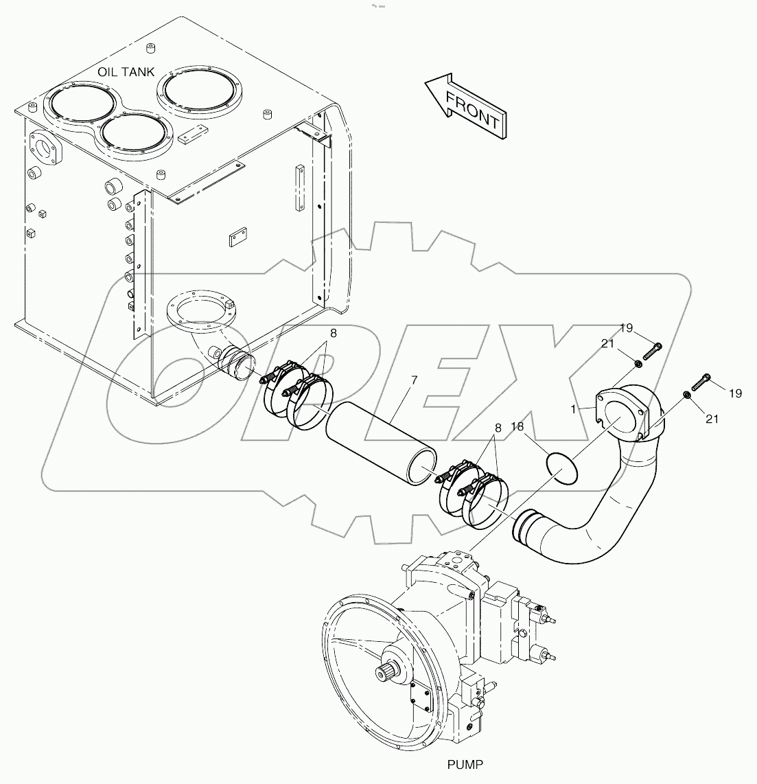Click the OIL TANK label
coord(126,72)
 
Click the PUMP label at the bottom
coord(465,763)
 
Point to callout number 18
coord(517,426)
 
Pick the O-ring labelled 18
coord(562,467)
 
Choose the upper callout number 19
coord(625,329)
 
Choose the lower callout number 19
coord(735,393)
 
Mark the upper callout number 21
coord(607,343)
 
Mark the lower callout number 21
coord(712,417)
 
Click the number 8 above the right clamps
coord(497,428)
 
